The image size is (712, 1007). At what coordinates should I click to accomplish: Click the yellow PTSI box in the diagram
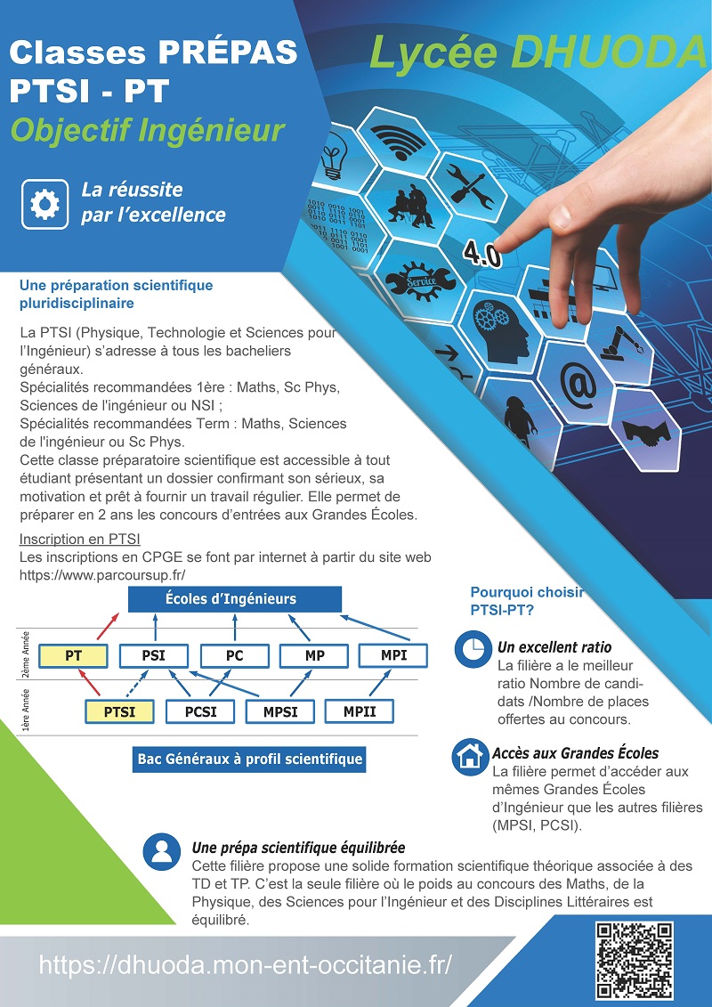(x=119, y=711)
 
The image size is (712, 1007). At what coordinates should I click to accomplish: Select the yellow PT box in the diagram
(x=73, y=655)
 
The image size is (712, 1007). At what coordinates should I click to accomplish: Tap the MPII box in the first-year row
(x=360, y=711)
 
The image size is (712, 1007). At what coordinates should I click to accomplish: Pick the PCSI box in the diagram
(x=200, y=711)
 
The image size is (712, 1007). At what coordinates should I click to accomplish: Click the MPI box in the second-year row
(x=392, y=655)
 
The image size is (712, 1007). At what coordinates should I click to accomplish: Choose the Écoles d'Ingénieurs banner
(x=235, y=599)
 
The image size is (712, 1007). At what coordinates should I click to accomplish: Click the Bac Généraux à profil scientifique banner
(x=249, y=759)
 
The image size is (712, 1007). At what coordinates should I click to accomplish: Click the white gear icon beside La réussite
(x=44, y=204)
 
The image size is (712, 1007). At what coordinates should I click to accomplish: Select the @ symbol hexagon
(x=578, y=384)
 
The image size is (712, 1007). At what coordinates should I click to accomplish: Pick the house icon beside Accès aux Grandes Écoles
(x=471, y=757)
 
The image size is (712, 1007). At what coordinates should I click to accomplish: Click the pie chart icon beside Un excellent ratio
(x=473, y=649)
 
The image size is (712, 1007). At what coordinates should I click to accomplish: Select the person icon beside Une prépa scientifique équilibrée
(x=162, y=852)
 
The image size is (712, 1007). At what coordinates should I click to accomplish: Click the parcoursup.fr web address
(x=102, y=575)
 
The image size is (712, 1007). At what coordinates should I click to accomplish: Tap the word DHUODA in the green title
(x=609, y=53)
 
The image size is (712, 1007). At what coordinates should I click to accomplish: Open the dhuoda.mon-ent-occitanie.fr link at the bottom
(x=246, y=964)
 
